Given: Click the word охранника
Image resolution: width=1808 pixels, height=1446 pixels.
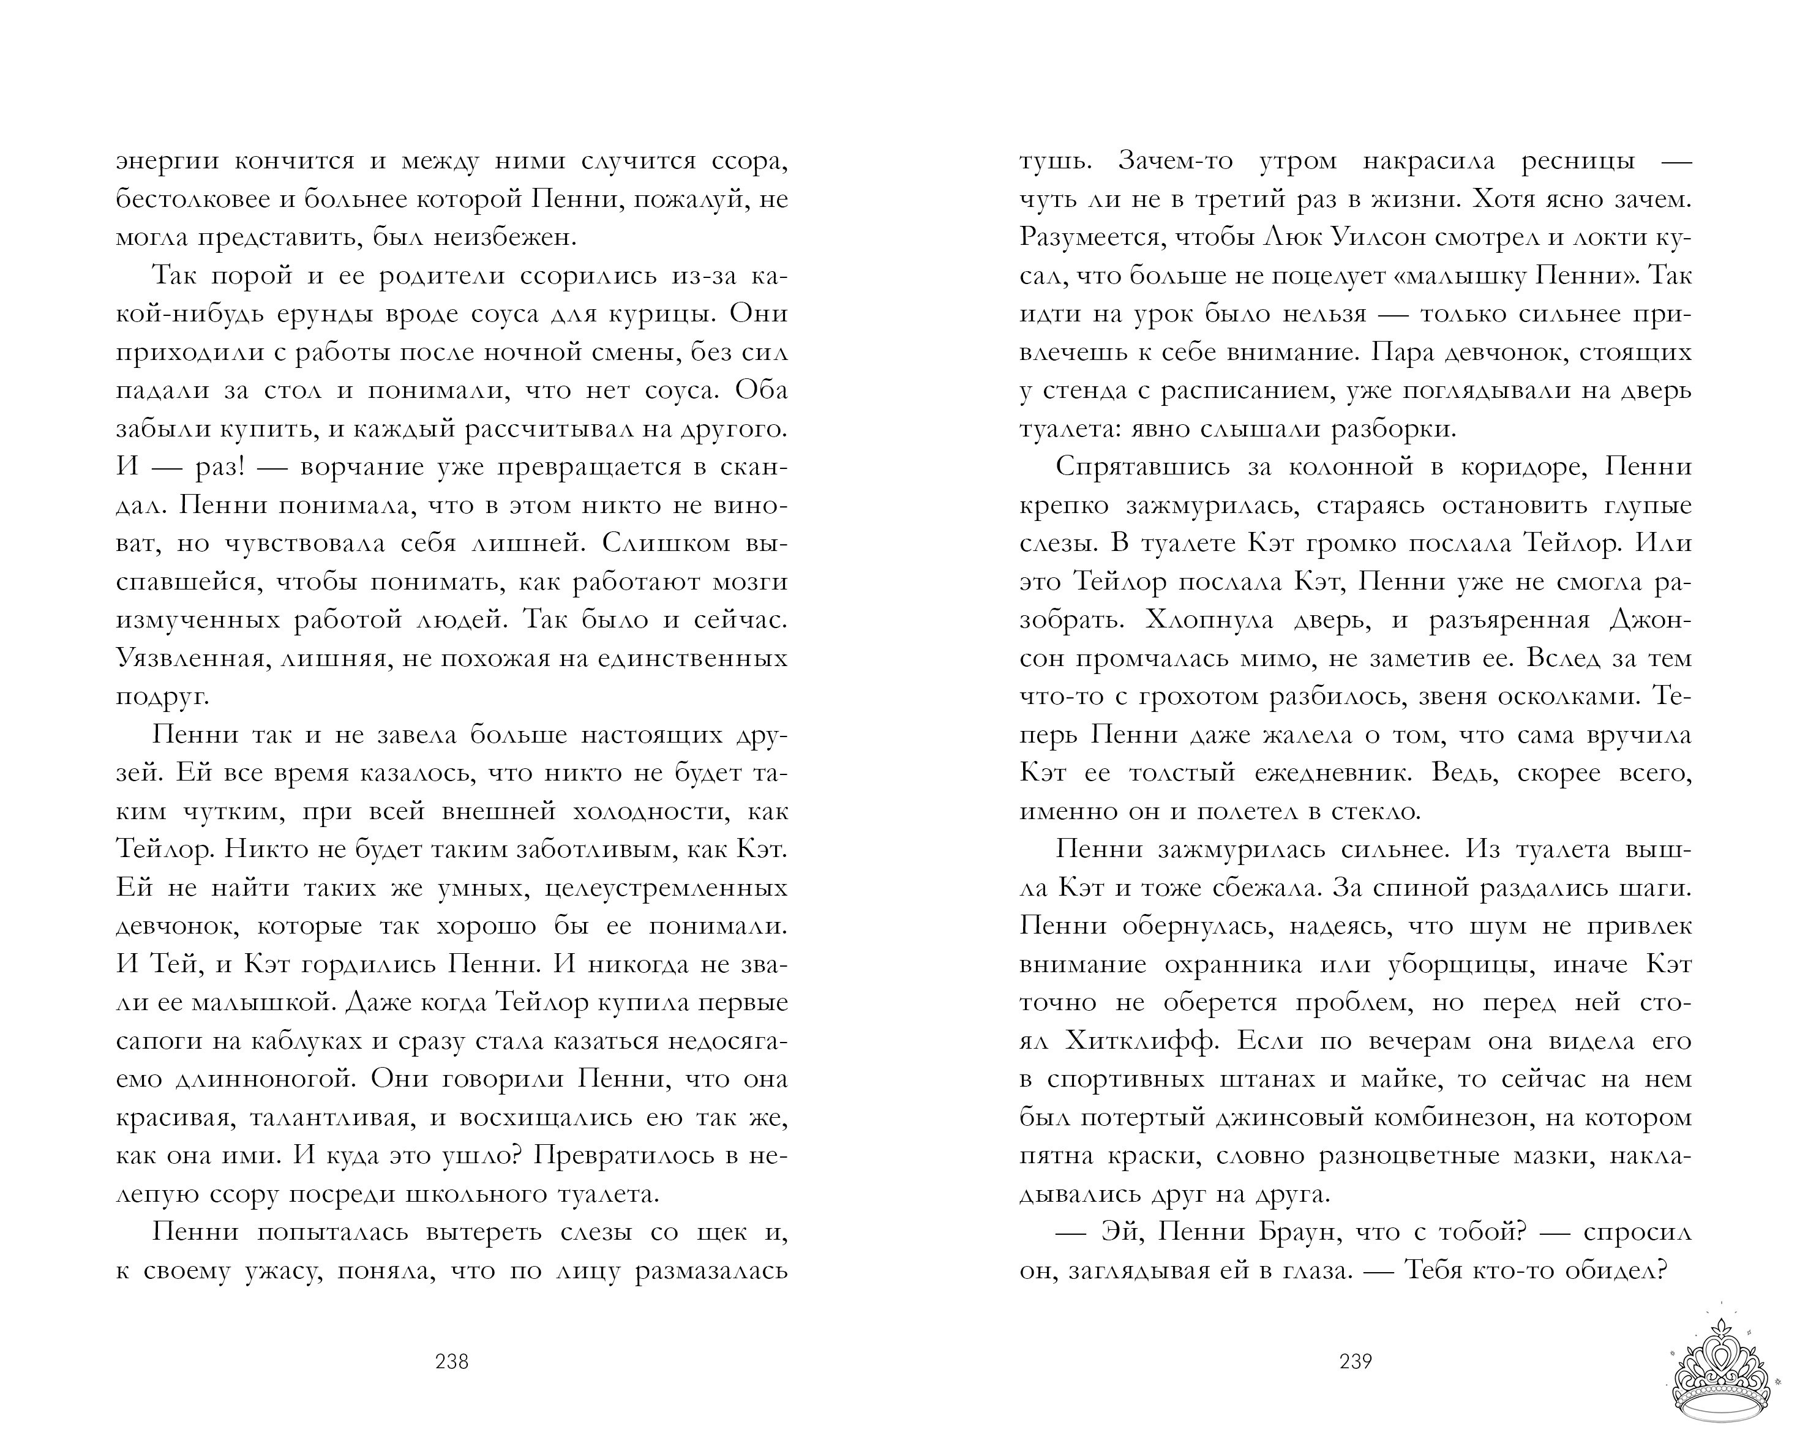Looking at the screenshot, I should click(x=1234, y=965).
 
